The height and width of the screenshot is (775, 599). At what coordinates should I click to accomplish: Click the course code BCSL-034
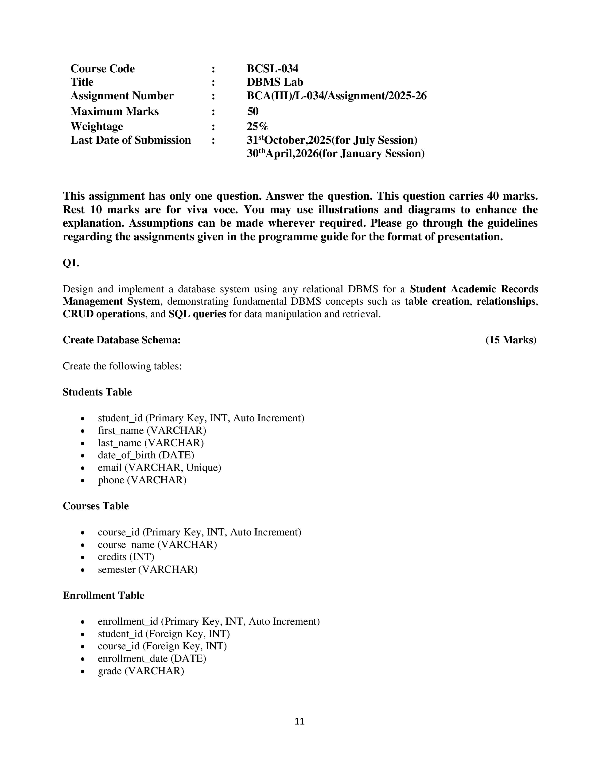click(x=272, y=69)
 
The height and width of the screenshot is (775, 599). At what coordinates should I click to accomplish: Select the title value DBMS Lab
click(x=275, y=82)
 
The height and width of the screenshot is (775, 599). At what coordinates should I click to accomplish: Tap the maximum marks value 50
click(x=253, y=111)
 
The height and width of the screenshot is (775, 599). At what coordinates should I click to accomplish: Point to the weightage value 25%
click(x=257, y=126)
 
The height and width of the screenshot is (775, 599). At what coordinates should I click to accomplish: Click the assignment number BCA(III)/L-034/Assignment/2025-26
click(x=336, y=96)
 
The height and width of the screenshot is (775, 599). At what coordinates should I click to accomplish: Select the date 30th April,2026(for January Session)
click(x=335, y=154)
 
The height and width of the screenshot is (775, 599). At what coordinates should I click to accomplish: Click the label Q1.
click(x=71, y=263)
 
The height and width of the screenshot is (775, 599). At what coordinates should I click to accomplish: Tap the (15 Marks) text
click(x=511, y=340)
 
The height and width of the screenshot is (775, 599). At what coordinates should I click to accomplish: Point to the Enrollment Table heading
click(x=103, y=595)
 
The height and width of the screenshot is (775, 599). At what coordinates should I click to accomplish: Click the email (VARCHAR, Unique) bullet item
click(x=159, y=468)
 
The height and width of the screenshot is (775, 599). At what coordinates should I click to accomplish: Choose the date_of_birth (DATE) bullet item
click(x=146, y=455)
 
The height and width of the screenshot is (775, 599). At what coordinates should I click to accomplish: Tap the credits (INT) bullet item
click(x=126, y=557)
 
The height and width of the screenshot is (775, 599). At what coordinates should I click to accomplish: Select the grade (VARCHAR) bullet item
click(x=141, y=671)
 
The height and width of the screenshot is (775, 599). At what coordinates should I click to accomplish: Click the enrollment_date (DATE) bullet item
click(x=152, y=659)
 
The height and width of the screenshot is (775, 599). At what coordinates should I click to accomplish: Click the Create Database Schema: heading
click(x=122, y=340)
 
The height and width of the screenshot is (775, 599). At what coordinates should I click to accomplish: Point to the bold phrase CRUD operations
click(x=104, y=314)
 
